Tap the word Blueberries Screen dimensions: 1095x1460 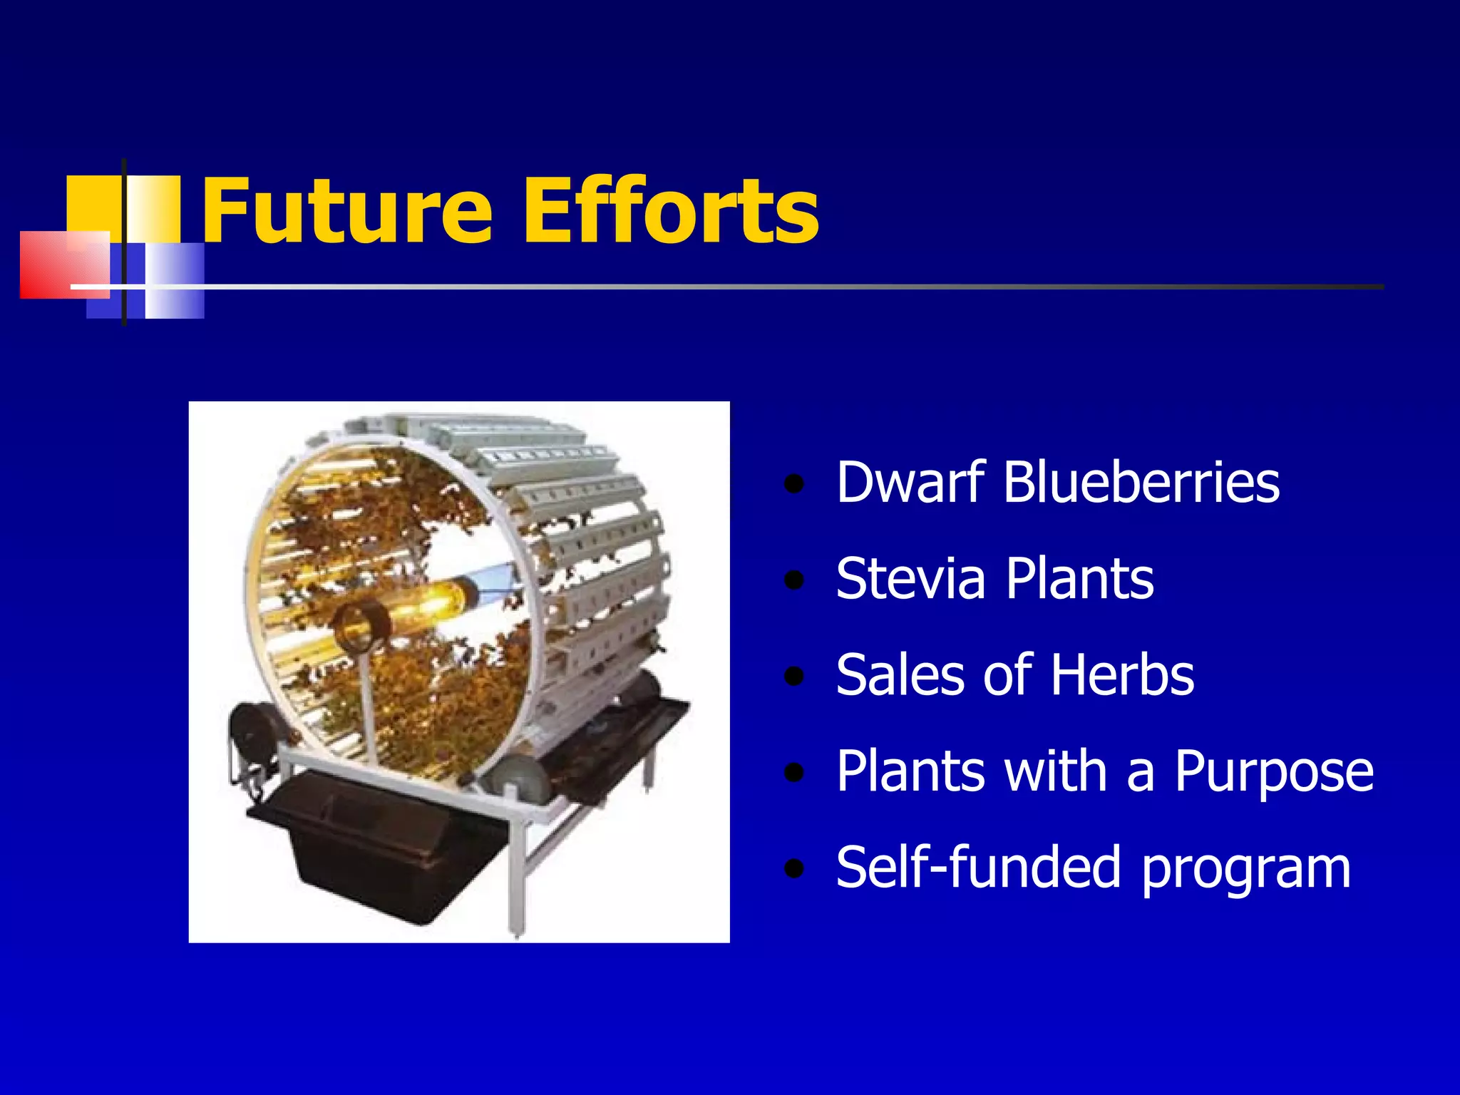coord(1141,482)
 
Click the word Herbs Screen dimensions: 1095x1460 coord(1122,674)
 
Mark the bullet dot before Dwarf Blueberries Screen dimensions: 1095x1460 coord(793,485)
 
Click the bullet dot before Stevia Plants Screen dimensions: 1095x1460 coord(793,581)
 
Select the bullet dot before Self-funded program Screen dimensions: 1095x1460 coord(793,870)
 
